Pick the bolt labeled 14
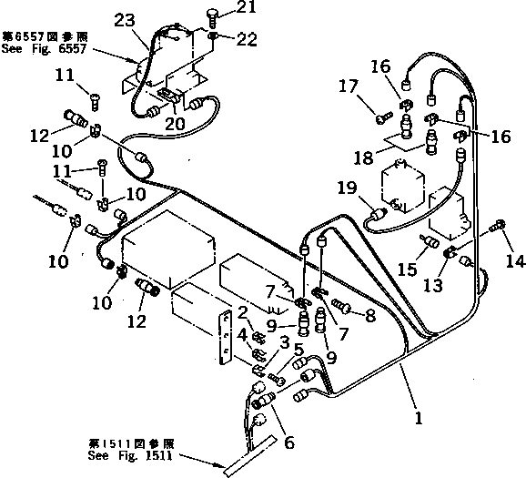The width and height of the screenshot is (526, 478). pyautogui.click(x=497, y=225)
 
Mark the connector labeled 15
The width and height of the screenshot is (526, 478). pyautogui.click(x=425, y=240)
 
